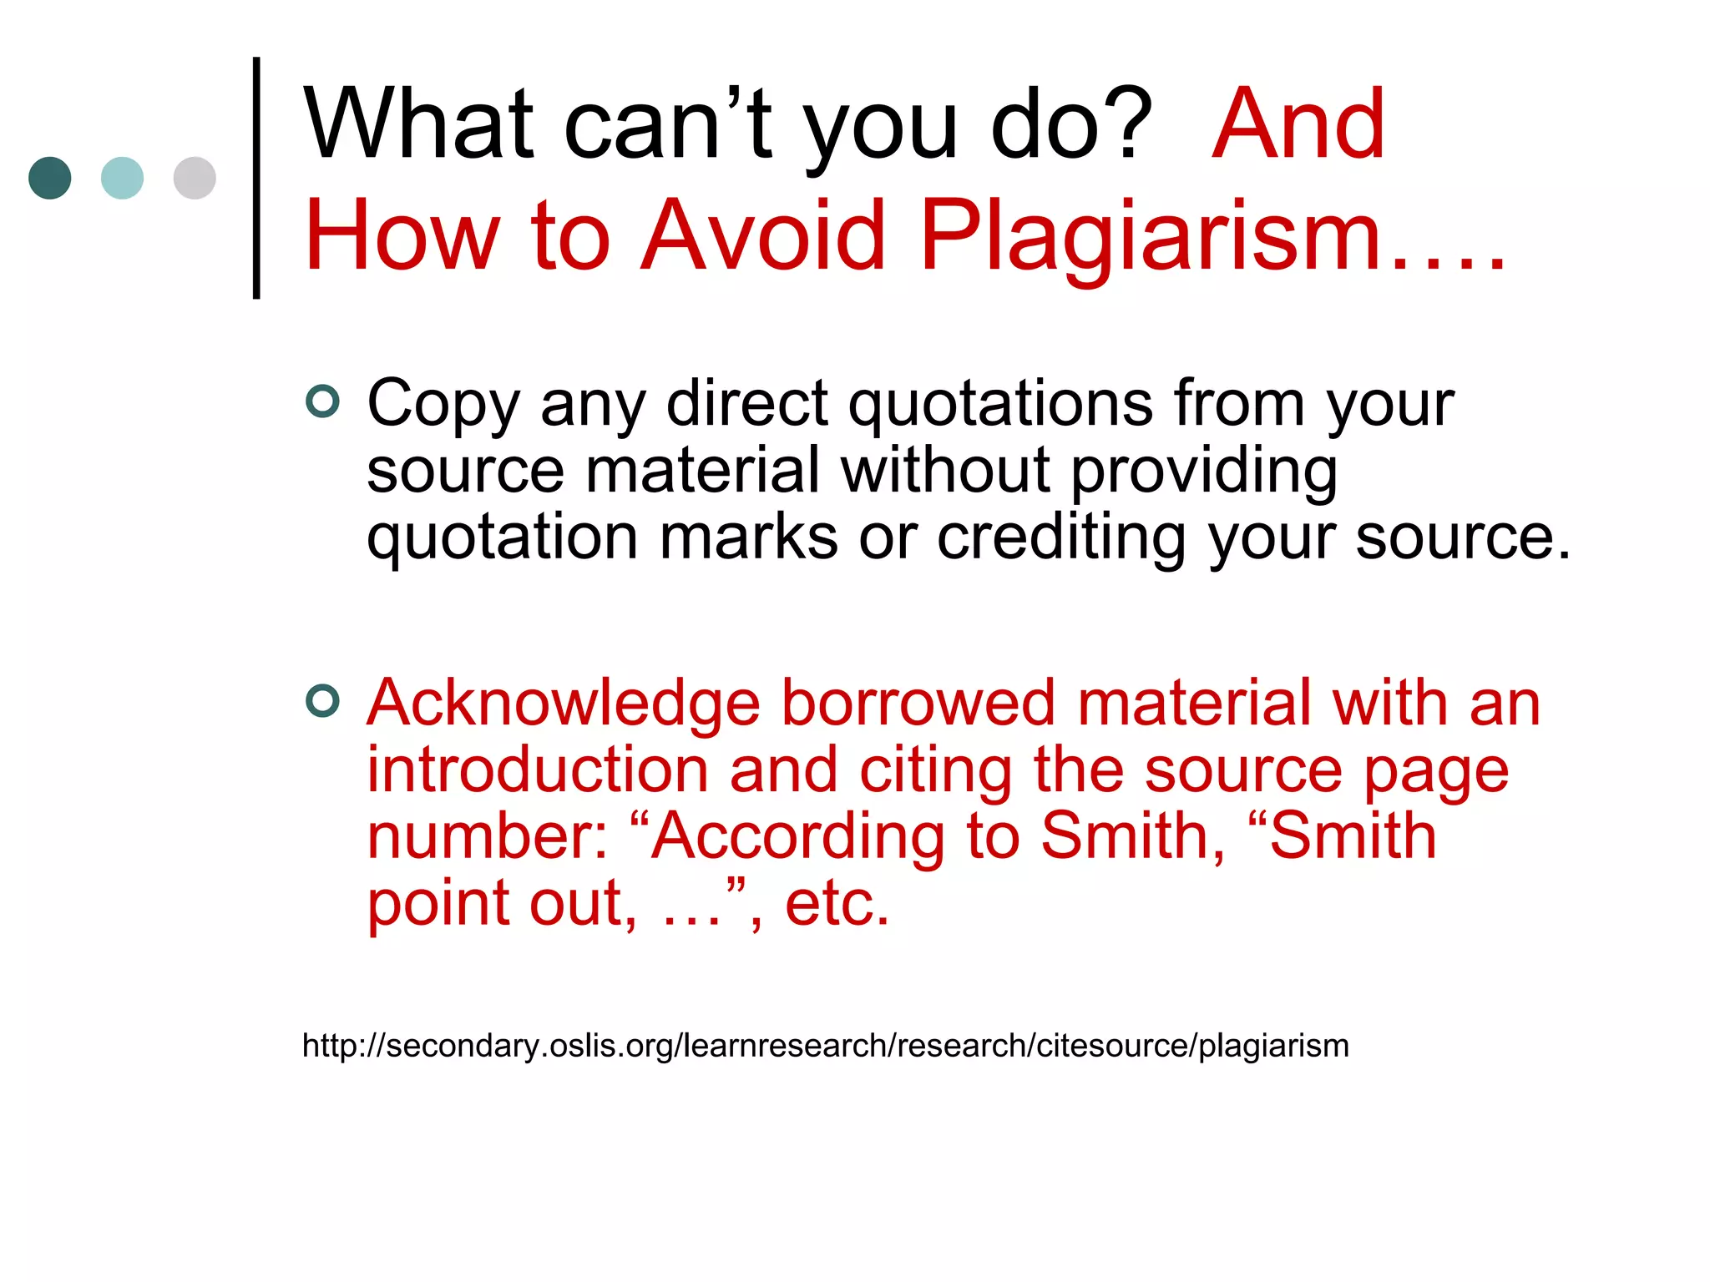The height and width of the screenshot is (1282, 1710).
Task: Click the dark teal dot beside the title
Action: tap(50, 178)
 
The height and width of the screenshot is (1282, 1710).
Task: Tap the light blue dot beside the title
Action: tap(122, 178)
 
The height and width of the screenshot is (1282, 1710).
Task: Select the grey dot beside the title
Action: tap(195, 178)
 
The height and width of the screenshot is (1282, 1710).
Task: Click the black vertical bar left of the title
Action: tap(256, 178)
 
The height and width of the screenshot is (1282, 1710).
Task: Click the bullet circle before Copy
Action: tap(322, 401)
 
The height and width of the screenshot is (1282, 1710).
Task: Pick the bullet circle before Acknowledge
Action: tap(322, 701)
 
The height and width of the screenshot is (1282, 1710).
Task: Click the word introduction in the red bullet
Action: tap(538, 770)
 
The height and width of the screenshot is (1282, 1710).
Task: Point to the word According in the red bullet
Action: tap(797, 836)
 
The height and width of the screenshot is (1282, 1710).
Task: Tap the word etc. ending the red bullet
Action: tap(837, 904)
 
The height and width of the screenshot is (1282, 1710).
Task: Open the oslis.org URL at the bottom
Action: tap(825, 1046)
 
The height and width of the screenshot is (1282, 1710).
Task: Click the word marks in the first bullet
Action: tap(748, 538)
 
